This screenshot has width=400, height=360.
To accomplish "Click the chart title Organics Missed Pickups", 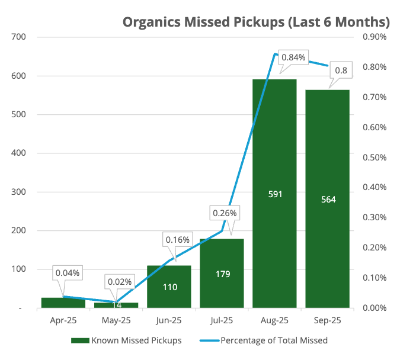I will [255, 22].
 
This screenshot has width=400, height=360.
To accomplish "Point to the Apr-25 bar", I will [63, 303].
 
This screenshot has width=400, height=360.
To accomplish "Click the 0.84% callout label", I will [293, 57].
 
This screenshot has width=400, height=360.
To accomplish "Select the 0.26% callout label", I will [225, 213].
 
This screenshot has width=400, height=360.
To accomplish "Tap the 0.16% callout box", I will [177, 240].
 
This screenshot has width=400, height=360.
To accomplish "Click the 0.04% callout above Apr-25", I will [68, 273].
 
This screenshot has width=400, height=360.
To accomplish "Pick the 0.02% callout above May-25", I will [120, 281].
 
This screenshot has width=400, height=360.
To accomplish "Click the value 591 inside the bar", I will [274, 194].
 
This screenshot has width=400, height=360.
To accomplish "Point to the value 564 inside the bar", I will [327, 200].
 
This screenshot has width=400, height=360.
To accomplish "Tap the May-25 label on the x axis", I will [116, 320].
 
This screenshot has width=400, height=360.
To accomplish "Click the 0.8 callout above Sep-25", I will [341, 70].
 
